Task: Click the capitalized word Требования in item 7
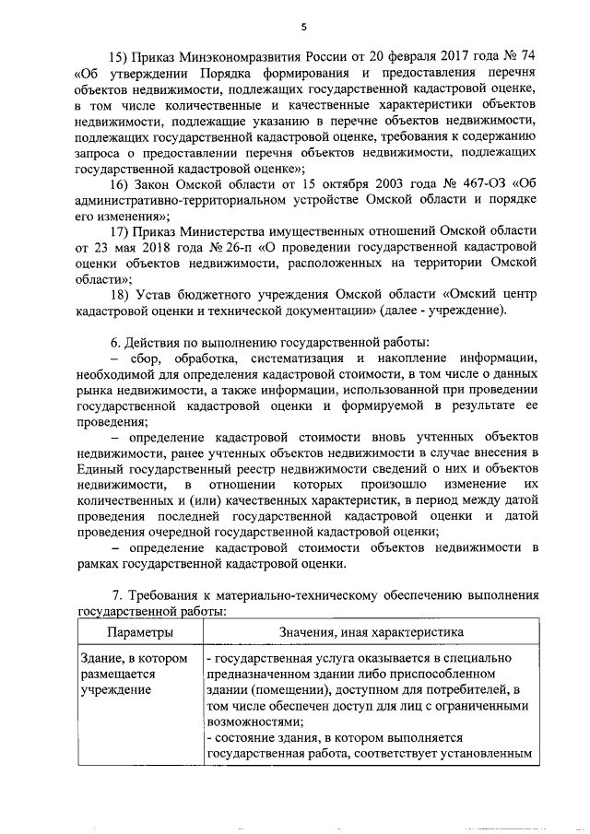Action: pyautogui.click(x=171, y=594)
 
